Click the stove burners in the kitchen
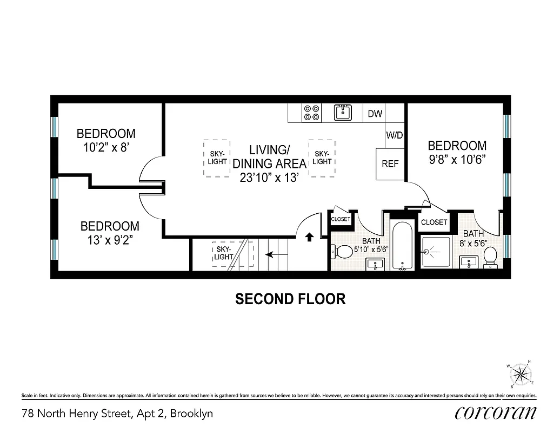coord(312,113)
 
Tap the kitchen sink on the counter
coord(343,113)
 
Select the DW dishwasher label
coord(375,114)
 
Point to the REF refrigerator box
coord(390,164)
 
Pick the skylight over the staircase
coord(224,253)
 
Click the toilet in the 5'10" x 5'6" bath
coord(343,252)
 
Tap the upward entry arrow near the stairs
coord(309,237)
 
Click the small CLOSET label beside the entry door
coord(341,219)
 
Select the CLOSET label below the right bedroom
coord(434,222)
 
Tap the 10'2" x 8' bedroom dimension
coord(106,148)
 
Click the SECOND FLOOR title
coord(290,299)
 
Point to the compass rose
coord(521,373)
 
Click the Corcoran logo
coord(496,413)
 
